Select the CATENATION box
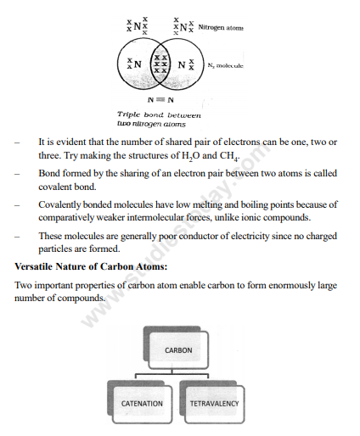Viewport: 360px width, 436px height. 142,403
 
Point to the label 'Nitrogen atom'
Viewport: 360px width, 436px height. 220,28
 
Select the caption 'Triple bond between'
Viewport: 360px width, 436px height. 160,114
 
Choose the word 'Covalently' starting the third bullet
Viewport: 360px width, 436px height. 61,204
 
